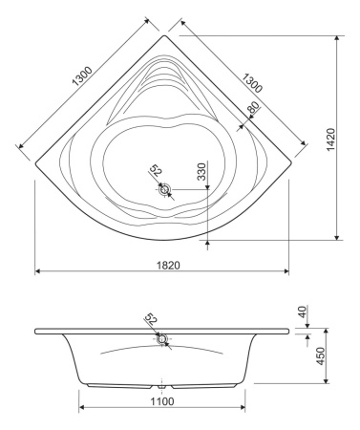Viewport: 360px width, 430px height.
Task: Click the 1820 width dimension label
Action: [x=168, y=265]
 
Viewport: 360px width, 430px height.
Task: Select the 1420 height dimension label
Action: [x=330, y=140]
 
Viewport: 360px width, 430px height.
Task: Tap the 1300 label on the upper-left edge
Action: [x=82, y=76]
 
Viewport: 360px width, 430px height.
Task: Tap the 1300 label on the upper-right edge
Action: [x=252, y=83]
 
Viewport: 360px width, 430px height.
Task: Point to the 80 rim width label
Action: [x=253, y=108]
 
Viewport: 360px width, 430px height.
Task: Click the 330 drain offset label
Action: [x=201, y=171]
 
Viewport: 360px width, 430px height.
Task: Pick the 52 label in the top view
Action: [x=156, y=170]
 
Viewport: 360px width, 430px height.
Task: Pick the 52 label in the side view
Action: [x=151, y=319]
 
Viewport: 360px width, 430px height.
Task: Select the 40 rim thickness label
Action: [x=302, y=312]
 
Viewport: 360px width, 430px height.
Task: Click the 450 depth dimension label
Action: [x=322, y=355]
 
